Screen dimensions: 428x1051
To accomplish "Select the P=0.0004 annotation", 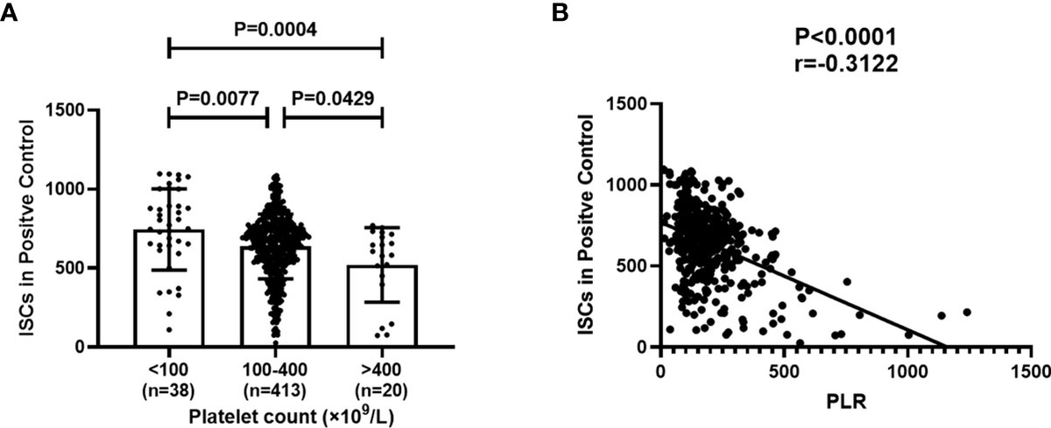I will (x=275, y=30).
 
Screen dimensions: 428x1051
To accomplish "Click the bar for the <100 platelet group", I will (x=168, y=289).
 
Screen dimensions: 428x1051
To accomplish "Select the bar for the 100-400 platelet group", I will (x=275, y=298).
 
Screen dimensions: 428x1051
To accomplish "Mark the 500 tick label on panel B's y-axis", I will (x=633, y=265).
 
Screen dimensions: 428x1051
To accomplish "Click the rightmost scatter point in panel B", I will (x=967, y=312).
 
